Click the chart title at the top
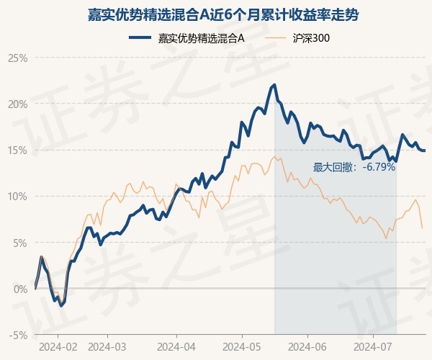point(216,14)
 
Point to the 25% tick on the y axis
point(17,58)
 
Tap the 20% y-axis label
point(17,104)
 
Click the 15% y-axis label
point(17,150)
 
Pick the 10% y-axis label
point(17,196)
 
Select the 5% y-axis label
point(19,243)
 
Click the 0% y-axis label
point(19,289)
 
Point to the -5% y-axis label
point(18,335)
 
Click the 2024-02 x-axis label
point(57,346)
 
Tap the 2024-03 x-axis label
point(107,346)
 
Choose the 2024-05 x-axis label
point(242,346)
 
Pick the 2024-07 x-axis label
point(373,346)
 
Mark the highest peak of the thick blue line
point(274,85)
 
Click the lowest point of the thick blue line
point(61,306)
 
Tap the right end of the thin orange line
point(422,228)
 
